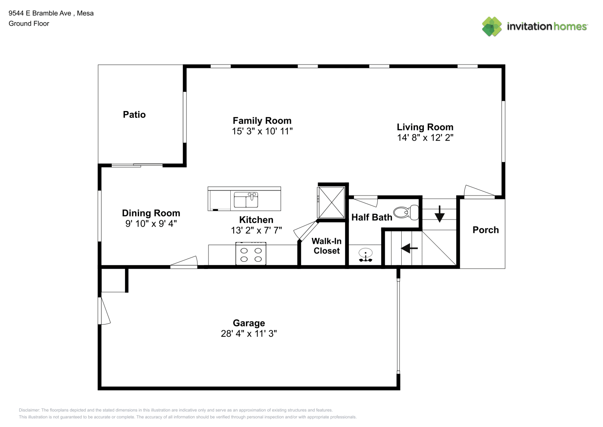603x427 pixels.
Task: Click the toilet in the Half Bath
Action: coord(406,213)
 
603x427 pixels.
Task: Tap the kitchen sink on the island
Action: coord(246,200)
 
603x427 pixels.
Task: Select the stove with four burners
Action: coord(251,254)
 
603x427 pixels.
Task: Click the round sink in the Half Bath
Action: coord(365,255)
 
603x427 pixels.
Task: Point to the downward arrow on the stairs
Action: coord(440,214)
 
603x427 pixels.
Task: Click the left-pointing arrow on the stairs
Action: coord(409,248)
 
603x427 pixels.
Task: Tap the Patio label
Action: coord(134,114)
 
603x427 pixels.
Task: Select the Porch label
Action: coord(486,230)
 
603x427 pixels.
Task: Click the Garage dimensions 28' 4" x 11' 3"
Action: coord(249,333)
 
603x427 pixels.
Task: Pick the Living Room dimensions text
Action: coord(425,137)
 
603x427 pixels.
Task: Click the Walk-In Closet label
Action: coord(327,246)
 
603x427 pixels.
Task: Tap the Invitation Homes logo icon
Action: coord(492,26)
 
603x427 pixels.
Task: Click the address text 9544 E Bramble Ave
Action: coord(40,13)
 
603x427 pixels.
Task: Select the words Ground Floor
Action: coord(29,23)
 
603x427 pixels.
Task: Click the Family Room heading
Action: coord(262,120)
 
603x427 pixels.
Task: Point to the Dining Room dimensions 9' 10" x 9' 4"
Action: coord(151,223)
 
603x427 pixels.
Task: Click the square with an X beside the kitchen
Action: coord(331,202)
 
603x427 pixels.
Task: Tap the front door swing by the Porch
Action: coord(479,191)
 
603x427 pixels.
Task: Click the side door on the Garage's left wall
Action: coord(104,310)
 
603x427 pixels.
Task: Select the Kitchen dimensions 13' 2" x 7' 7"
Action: coord(256,230)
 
